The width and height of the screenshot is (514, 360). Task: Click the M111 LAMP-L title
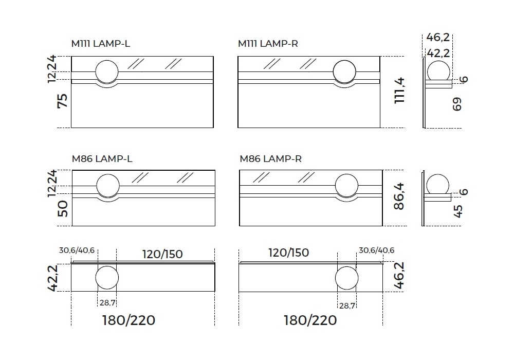tap(101, 44)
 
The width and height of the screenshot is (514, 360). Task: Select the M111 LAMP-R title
tap(268, 44)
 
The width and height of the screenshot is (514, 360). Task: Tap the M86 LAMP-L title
tap(102, 159)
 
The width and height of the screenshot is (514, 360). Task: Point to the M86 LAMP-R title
tap(270, 159)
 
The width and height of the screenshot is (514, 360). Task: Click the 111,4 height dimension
tap(399, 91)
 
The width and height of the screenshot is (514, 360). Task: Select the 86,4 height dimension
tap(399, 196)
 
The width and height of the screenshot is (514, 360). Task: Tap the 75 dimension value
tap(62, 101)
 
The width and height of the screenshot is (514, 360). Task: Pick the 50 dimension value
tap(62, 209)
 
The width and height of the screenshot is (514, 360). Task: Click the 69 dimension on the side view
tap(457, 104)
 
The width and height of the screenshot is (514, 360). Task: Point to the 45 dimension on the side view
tap(458, 211)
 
